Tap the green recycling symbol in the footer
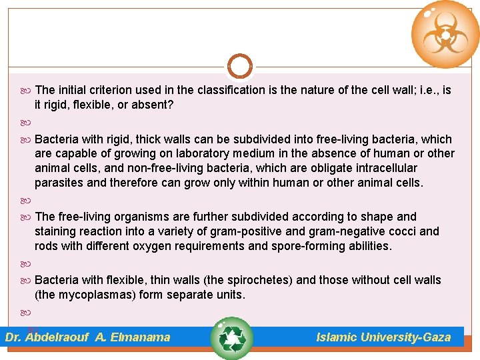231,338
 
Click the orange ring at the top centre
239,67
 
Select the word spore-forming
307,246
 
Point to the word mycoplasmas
77,294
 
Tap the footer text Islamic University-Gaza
383,337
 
